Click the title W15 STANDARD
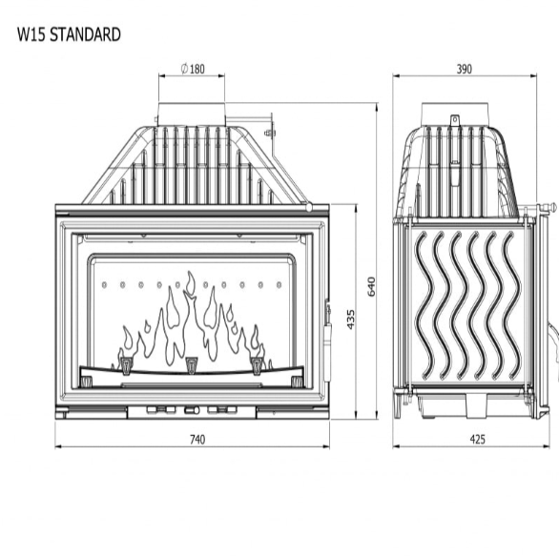click(x=69, y=34)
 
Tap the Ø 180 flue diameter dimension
click(x=193, y=69)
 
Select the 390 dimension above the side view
click(x=465, y=69)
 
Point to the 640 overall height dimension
click(x=371, y=286)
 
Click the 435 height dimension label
click(x=351, y=320)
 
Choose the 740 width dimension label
click(x=197, y=440)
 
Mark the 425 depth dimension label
click(x=477, y=440)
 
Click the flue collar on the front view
click(x=192, y=114)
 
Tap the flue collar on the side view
click(x=455, y=114)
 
